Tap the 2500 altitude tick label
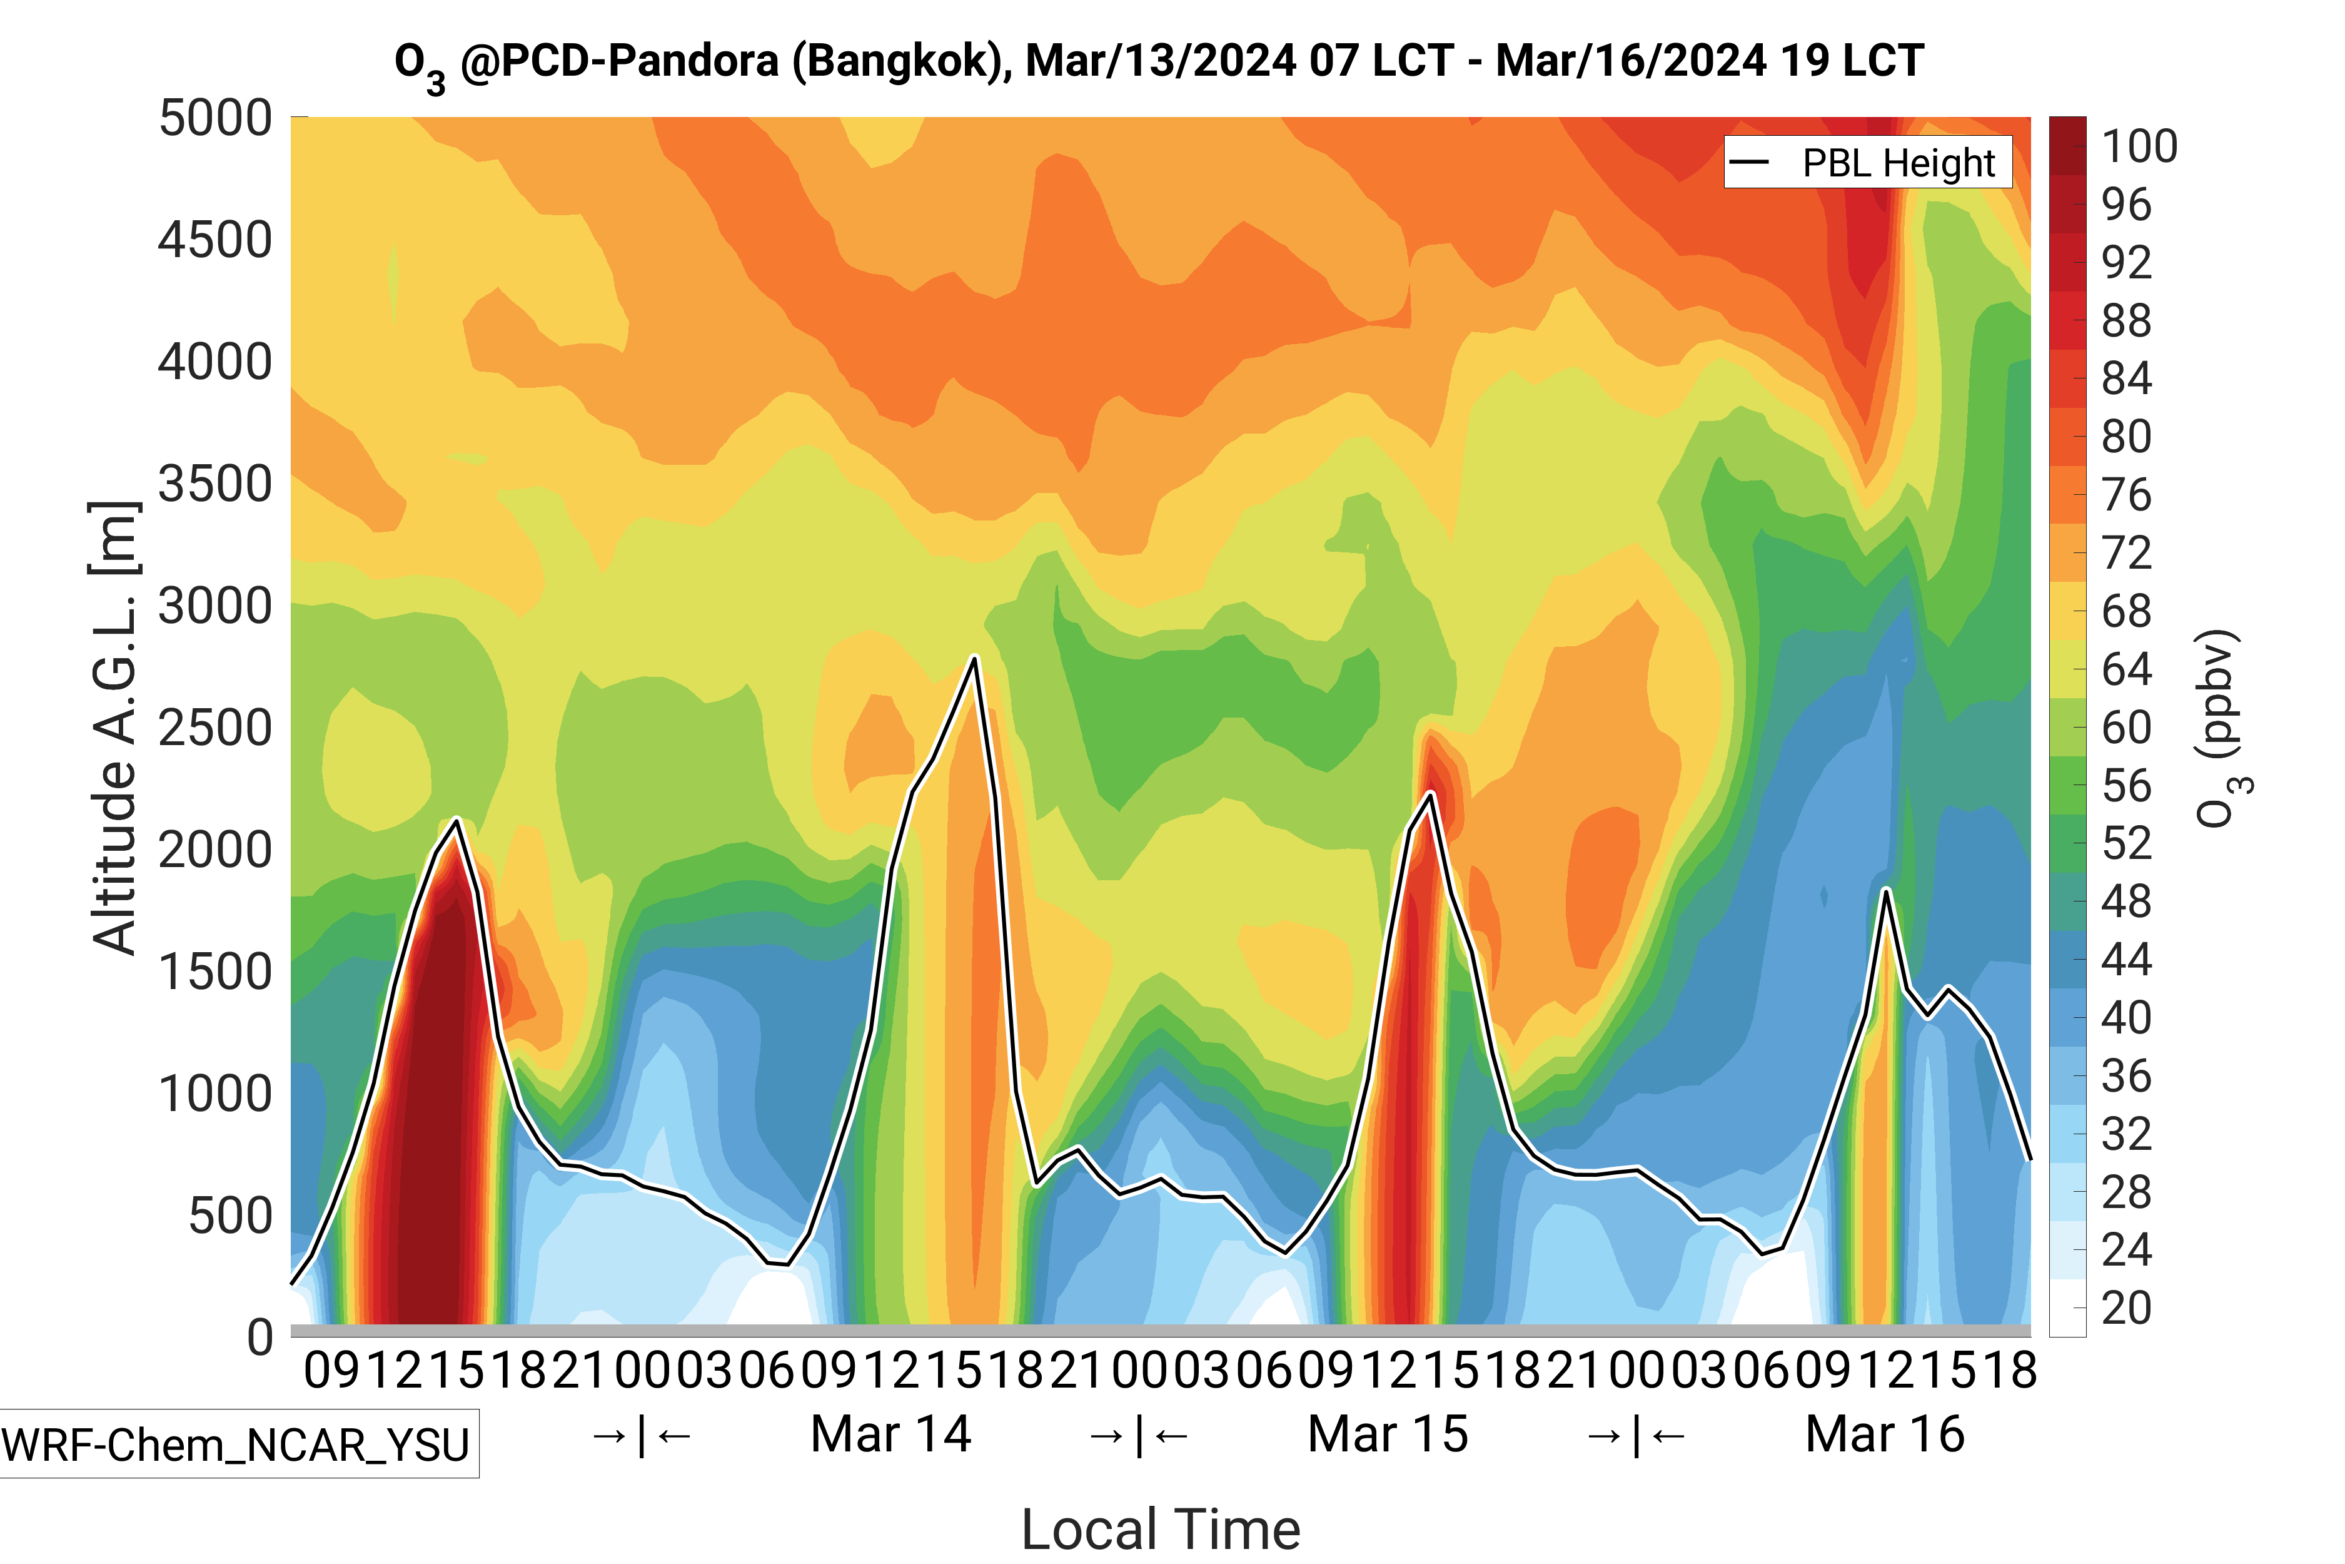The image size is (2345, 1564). tap(215, 728)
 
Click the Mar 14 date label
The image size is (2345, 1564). tap(890, 1435)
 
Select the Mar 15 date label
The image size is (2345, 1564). tap(1387, 1435)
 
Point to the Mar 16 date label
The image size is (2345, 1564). tap(1884, 1435)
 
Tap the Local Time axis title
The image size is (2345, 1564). tap(1161, 1529)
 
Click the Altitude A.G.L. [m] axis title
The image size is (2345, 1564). tap(114, 728)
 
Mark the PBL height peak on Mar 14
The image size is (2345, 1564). tap(974, 658)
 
